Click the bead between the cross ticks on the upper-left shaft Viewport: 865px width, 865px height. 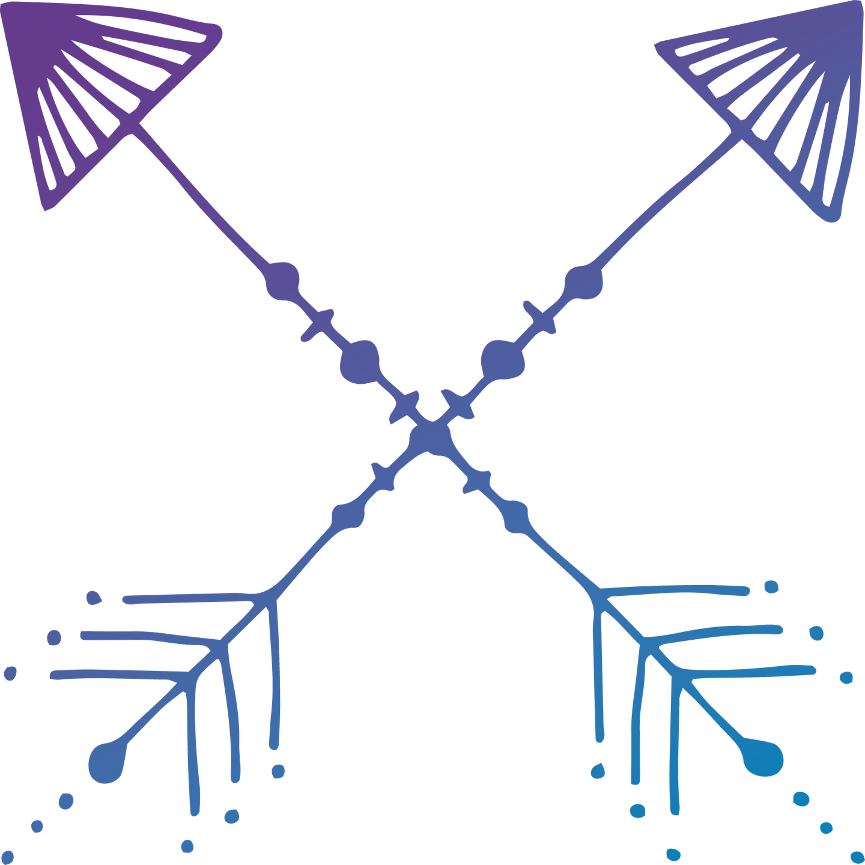360,361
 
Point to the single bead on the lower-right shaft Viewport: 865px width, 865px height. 515,515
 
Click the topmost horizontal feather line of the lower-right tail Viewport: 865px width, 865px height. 679,591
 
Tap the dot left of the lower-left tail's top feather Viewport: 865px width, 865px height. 93,596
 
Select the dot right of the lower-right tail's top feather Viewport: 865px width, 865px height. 771,586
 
